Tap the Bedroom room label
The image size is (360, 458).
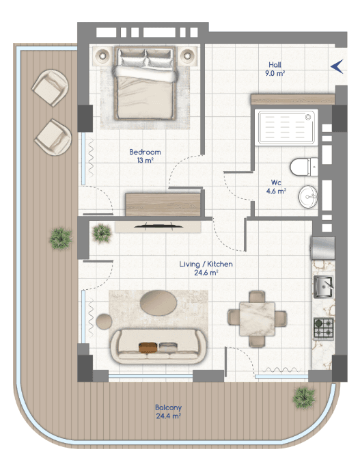pyautogui.click(x=145, y=152)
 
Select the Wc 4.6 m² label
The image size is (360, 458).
pyautogui.click(x=276, y=187)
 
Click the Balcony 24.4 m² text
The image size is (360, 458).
pyautogui.click(x=169, y=412)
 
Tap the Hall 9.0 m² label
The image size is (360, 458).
pyautogui.click(x=275, y=69)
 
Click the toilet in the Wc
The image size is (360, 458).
pyautogui.click(x=304, y=167)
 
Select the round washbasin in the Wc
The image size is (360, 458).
pyautogui.click(x=308, y=197)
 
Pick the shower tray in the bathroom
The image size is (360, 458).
pyautogui.click(x=286, y=127)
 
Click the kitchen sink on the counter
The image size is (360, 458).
pyautogui.click(x=323, y=287)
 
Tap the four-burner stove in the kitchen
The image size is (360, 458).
pyautogui.click(x=324, y=329)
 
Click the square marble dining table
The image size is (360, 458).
pyautogui.click(x=257, y=319)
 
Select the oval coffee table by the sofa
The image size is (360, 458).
pyautogui.click(x=158, y=303)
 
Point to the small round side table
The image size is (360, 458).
pyautogui.click(x=104, y=321)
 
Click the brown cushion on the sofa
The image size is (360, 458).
pyautogui.click(x=148, y=347)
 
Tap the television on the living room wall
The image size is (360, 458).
pyautogui.click(x=158, y=226)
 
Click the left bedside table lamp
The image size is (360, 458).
pyautogui.click(x=102, y=55)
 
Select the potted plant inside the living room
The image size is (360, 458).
pyautogui.click(x=101, y=233)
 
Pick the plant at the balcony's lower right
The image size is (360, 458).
pyautogui.click(x=304, y=398)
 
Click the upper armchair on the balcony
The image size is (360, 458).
pyautogui.click(x=51, y=87)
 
